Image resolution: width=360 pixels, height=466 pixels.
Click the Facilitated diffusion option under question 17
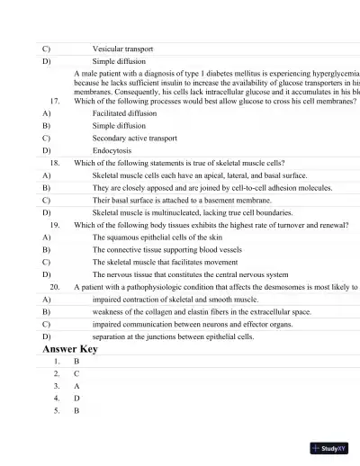click(124, 114)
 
